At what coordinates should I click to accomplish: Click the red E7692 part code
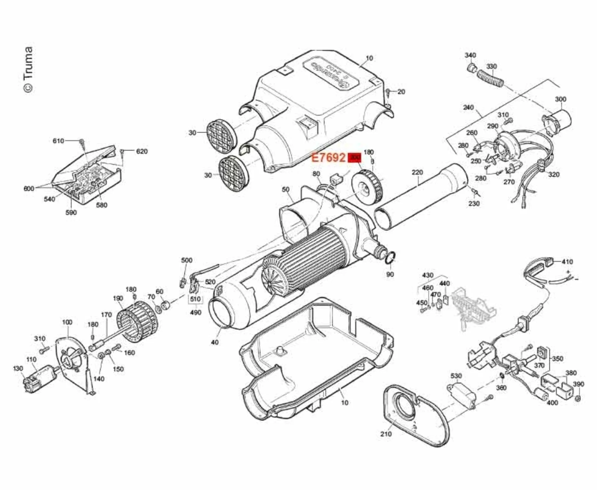[x=328, y=158]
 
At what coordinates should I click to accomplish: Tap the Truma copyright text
[x=28, y=69]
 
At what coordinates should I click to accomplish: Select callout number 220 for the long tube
[x=417, y=172]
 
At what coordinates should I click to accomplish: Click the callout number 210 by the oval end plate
[x=386, y=434]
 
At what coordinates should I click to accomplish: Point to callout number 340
[x=470, y=55]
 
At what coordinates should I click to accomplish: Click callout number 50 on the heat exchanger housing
[x=285, y=189]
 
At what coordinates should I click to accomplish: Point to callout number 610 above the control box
[x=58, y=141]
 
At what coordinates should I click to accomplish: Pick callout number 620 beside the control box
[x=142, y=151]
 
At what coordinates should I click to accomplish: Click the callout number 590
[x=71, y=213]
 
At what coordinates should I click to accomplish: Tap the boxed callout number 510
[x=195, y=299]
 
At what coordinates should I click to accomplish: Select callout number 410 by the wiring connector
[x=567, y=262]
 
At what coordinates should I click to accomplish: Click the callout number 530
[x=456, y=376]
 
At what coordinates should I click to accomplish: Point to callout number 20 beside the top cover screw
[x=401, y=92]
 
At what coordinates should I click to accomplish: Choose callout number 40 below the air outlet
[x=215, y=342]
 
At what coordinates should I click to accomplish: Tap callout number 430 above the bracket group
[x=428, y=275]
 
